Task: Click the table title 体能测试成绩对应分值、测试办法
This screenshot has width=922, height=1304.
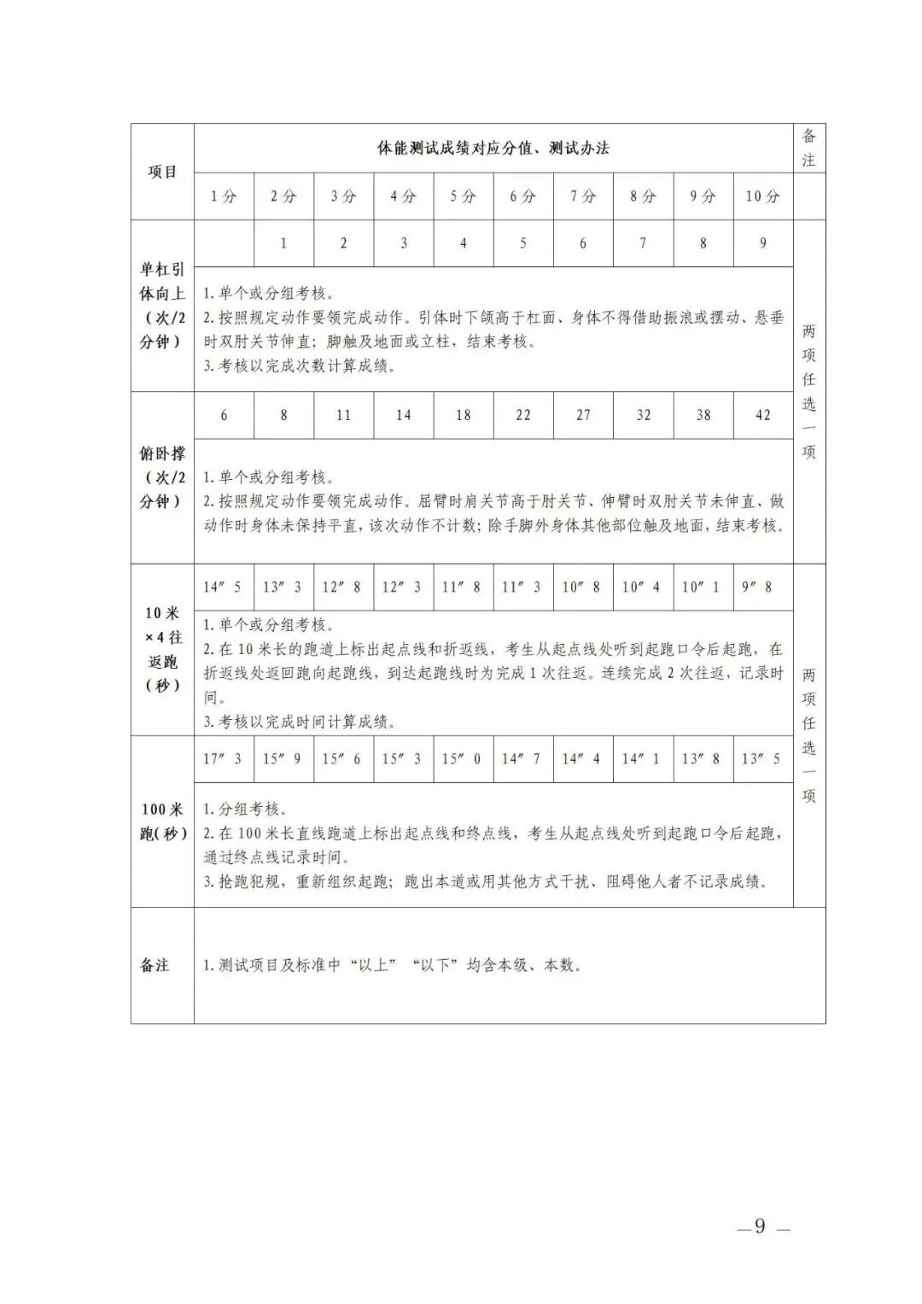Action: tap(493, 148)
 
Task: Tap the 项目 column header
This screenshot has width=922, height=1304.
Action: tap(162, 172)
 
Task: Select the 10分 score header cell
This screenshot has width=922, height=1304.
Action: tap(762, 196)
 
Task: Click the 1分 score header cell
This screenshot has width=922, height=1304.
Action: tap(224, 196)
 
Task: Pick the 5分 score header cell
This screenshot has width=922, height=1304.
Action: tap(464, 196)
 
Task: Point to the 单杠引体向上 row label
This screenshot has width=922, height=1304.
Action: tap(162, 305)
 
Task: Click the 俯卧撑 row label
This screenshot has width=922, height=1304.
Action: tap(162, 477)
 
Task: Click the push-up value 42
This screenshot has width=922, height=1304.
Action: tap(762, 415)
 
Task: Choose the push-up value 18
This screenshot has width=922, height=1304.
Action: tap(464, 415)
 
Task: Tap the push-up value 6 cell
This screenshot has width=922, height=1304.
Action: tap(224, 415)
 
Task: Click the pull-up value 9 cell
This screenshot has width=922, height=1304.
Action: tap(762, 243)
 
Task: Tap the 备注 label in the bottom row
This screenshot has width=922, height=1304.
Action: tap(155, 965)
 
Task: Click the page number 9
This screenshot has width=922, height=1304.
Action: tap(760, 1227)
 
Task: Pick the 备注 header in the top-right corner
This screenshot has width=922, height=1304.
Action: tap(808, 148)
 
